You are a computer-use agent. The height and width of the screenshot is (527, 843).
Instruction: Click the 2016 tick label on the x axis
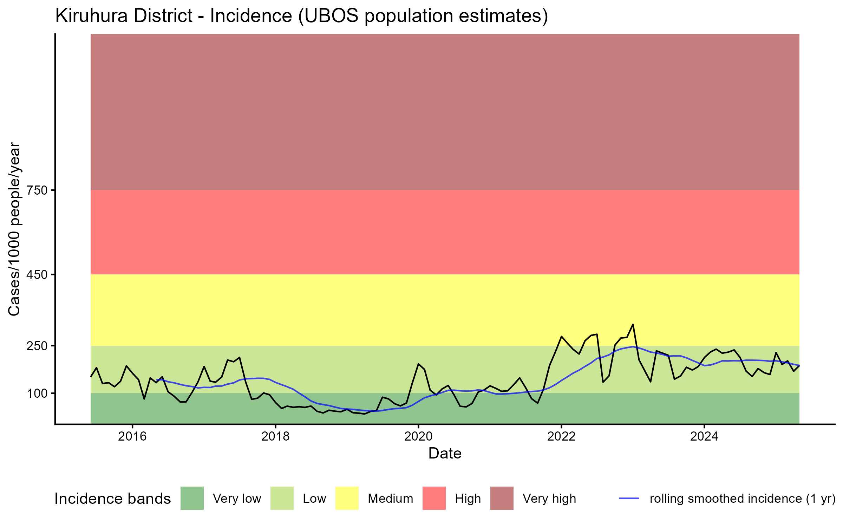click(x=132, y=436)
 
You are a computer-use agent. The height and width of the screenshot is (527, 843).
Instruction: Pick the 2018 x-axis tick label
click(x=275, y=436)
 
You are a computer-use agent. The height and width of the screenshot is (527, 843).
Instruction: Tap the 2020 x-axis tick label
click(x=418, y=436)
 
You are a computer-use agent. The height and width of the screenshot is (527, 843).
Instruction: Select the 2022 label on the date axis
click(x=561, y=436)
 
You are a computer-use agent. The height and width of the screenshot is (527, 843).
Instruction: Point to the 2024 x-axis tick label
click(x=704, y=436)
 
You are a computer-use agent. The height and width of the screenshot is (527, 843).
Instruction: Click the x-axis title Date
click(x=445, y=454)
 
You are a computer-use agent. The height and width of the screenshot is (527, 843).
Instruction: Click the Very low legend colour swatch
click(x=192, y=498)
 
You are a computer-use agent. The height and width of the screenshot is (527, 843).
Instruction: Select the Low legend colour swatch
click(x=282, y=498)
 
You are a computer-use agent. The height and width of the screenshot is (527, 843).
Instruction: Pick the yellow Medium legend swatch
click(x=347, y=498)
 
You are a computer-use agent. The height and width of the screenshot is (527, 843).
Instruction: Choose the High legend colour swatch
click(x=434, y=498)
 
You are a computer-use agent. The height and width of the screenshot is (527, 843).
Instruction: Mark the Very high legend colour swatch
click(x=502, y=498)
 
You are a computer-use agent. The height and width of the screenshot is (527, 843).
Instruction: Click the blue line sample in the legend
click(x=629, y=498)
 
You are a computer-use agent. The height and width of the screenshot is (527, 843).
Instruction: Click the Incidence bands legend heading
click(x=113, y=499)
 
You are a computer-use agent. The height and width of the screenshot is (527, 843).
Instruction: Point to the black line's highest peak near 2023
click(x=633, y=324)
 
